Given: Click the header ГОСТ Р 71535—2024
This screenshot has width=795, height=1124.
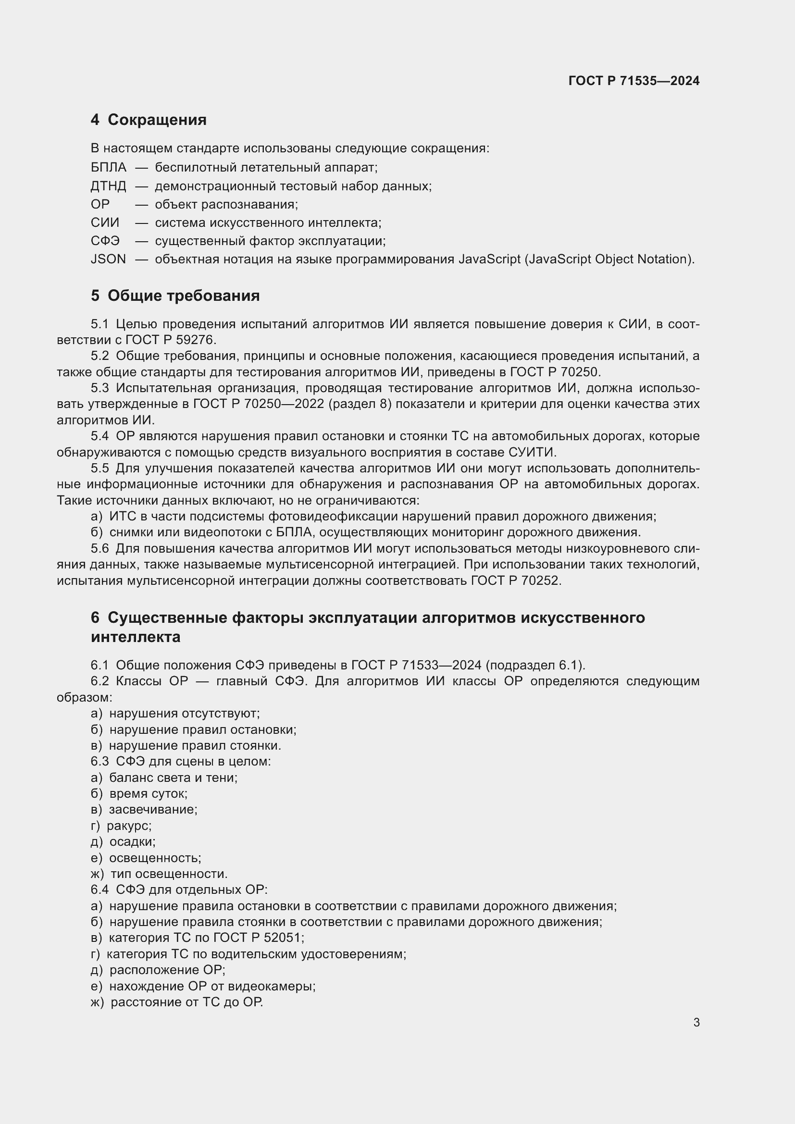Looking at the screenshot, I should [x=634, y=81].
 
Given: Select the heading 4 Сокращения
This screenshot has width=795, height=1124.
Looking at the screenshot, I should [x=149, y=120].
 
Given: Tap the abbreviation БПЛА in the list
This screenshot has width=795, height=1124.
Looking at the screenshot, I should [x=108, y=168].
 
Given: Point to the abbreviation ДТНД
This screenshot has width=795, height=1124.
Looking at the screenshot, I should [x=108, y=186].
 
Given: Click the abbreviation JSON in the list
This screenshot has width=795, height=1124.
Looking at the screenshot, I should [x=108, y=259].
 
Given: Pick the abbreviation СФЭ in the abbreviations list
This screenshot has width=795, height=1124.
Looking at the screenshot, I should [x=105, y=241].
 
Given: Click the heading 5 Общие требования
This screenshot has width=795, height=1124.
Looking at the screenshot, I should [x=175, y=296].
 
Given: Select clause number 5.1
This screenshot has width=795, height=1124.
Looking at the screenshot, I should [x=99, y=324].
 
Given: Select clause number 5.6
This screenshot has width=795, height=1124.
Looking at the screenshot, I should [x=99, y=549].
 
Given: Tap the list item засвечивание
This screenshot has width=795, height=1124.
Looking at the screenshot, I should [x=152, y=809].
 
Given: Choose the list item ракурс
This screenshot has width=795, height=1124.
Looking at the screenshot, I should [x=128, y=826].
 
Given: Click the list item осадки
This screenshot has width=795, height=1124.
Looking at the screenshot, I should [x=132, y=841].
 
